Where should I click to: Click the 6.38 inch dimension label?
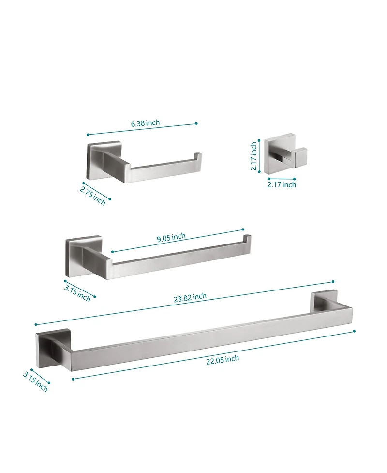point(145,123)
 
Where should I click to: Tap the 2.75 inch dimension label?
point(93,196)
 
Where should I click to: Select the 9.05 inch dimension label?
point(171,237)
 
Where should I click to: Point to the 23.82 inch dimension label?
point(190,297)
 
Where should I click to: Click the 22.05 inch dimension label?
point(223,360)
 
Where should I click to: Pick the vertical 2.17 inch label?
point(253,156)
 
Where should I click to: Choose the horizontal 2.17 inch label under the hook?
point(282,184)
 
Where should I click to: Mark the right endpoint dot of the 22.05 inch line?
point(355,331)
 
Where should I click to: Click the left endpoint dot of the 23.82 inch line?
point(36,324)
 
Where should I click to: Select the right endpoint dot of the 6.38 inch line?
point(196,123)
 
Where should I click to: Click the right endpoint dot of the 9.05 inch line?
point(243,229)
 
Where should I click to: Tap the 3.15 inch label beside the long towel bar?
point(36,382)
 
